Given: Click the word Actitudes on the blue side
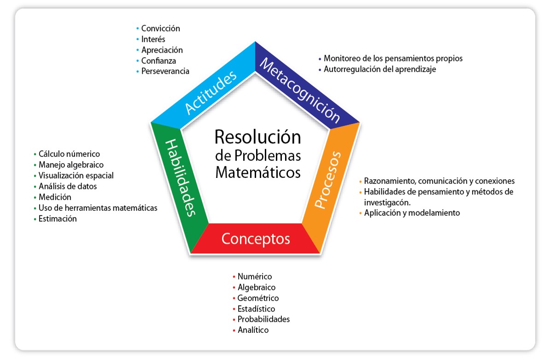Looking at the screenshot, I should click(211, 92).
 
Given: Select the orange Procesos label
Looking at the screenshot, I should click(328, 180).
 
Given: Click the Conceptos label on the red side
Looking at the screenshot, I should click(256, 239).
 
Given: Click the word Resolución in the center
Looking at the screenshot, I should click(257, 137).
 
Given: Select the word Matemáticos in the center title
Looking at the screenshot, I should click(258, 172).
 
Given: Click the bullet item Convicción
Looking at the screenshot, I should click(160, 29).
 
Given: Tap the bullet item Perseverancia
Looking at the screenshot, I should click(165, 71).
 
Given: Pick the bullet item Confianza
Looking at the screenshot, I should click(158, 60).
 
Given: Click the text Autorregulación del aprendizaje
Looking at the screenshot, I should click(380, 69).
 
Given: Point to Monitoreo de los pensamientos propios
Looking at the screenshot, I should click(393, 59).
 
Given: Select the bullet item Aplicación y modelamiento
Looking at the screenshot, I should click(412, 213).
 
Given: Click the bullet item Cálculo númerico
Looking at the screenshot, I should click(69, 154).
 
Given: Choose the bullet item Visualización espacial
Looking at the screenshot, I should click(76, 176).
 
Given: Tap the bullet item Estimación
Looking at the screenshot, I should click(58, 219).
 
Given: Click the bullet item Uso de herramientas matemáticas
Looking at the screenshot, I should click(98, 208).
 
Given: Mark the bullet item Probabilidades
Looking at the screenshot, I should click(263, 319).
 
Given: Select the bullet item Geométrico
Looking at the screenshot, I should click(258, 298).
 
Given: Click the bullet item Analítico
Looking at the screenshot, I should click(253, 330).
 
